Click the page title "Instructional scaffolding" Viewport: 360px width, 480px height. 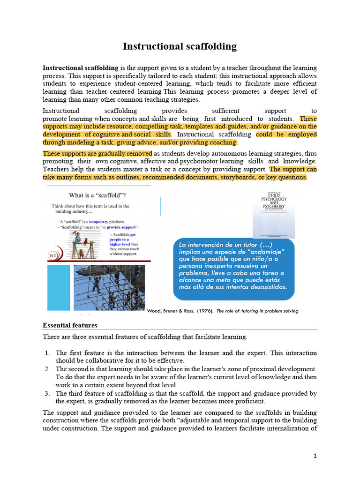click(180, 46)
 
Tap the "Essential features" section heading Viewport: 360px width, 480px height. click(70, 325)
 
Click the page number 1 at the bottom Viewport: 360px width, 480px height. click(315, 456)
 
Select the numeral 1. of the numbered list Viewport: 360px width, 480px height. click(48, 352)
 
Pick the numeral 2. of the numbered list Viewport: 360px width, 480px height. click(48, 369)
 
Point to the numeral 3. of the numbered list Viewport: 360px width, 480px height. click(48, 393)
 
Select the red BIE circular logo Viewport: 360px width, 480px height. click(52, 255)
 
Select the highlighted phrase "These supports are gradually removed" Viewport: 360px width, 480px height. click(97, 153)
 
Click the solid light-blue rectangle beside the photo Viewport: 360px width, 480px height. click(58, 287)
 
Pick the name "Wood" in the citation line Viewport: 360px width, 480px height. click(155, 311)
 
